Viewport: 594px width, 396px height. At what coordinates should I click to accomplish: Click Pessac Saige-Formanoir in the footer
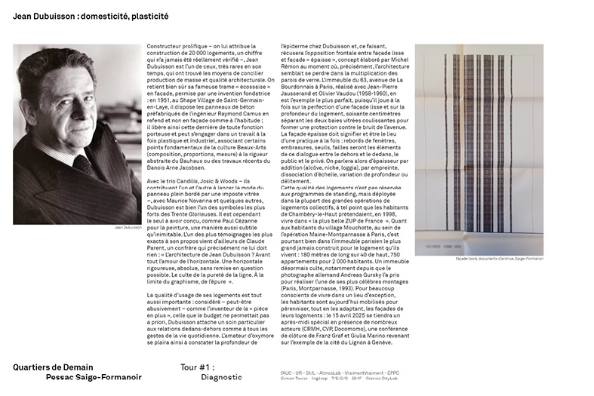tap(93, 377)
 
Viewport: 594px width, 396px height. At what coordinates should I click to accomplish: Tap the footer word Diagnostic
tap(221, 377)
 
